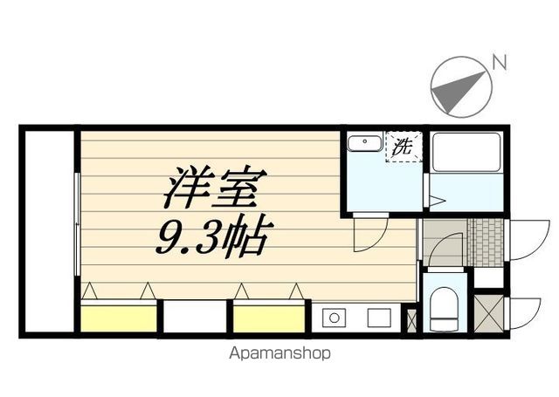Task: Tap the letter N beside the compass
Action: click(x=499, y=61)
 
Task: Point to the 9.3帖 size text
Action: click(x=214, y=234)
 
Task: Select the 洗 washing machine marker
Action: click(x=403, y=147)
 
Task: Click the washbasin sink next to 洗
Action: click(x=364, y=144)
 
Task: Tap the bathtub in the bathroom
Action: click(x=466, y=152)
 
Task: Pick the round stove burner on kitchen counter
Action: click(x=333, y=318)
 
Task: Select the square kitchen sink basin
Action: click(x=378, y=318)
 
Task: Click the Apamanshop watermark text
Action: click(x=279, y=354)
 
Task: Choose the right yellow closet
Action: click(x=268, y=316)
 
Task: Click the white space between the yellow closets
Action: click(x=194, y=316)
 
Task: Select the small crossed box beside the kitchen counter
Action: click(x=412, y=318)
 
